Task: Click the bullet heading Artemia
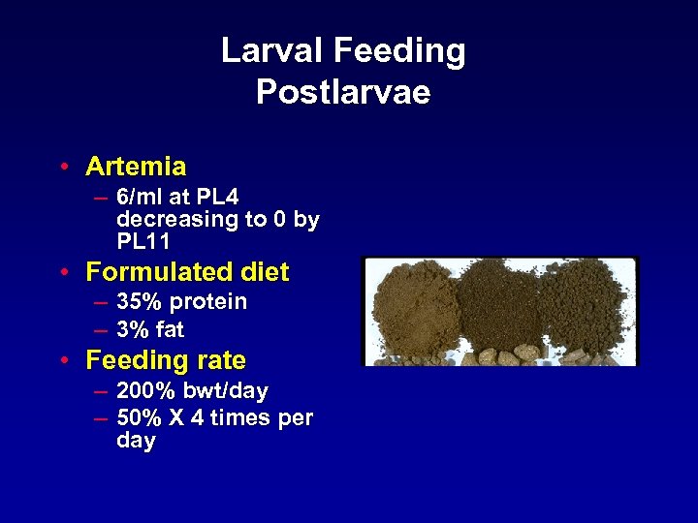click(136, 167)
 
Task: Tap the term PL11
click(143, 240)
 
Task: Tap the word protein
click(208, 302)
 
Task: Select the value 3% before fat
click(133, 330)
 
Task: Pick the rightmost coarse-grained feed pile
click(586, 308)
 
